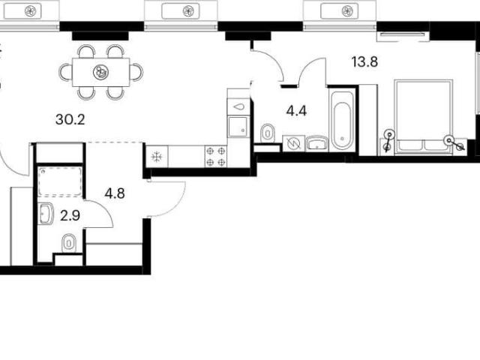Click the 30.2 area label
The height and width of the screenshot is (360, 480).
tap(70, 119)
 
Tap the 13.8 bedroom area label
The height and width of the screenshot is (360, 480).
tap(364, 61)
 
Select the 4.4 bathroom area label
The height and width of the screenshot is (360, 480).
tap(296, 111)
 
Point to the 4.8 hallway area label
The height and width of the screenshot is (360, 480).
tap(115, 193)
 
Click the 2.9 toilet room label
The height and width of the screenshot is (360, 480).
tap(70, 215)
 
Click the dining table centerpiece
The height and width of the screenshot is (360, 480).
tap(100, 72)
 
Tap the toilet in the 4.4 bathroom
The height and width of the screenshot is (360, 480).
tap(268, 133)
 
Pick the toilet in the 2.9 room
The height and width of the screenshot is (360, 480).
tap(69, 244)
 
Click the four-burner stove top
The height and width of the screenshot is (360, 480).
tap(215, 157)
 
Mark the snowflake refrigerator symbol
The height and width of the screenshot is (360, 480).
tap(157, 157)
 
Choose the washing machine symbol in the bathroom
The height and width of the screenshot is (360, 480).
tap(293, 143)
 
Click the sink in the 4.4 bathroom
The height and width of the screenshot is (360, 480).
tap(316, 143)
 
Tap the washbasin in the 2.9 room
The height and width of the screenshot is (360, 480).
tap(46, 214)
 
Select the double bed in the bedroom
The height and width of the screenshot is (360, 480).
tap(423, 117)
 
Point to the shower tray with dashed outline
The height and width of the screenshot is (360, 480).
tap(60, 181)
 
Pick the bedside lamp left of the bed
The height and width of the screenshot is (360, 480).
tap(388, 141)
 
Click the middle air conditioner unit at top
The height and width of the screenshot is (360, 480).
tap(181, 12)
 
